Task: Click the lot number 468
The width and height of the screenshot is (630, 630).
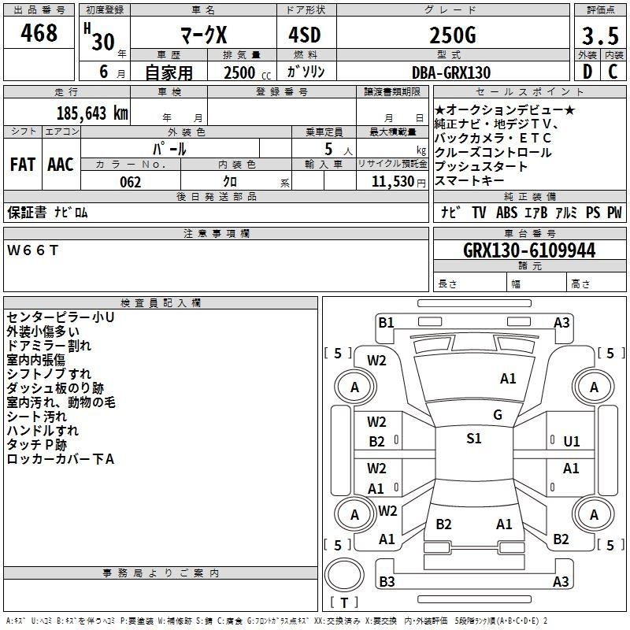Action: point(39,32)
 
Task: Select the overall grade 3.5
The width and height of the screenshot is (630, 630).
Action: point(600,35)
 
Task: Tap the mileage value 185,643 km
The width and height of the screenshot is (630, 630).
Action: point(92,113)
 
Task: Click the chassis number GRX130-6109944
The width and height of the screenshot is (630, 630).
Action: point(529,250)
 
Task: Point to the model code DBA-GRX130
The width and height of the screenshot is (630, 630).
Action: point(451,72)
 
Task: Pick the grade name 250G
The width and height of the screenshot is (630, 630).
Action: point(453,35)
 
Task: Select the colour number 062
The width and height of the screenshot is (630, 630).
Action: point(131,182)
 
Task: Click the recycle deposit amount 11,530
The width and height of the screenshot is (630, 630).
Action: point(392,181)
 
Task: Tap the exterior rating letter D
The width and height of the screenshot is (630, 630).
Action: point(587,72)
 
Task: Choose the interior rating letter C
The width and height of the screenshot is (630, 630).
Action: point(613,72)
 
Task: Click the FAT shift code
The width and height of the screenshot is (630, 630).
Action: point(23,165)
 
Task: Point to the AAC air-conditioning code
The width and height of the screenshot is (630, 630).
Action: point(61,165)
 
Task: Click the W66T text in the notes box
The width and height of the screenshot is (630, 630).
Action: point(32,250)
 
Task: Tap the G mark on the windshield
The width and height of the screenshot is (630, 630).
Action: point(498,415)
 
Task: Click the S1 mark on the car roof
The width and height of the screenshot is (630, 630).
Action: point(474,439)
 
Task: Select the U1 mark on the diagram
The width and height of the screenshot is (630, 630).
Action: point(572,442)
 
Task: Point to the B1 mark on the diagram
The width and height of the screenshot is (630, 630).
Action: point(386,323)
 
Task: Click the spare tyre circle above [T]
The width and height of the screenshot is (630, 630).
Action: point(344,575)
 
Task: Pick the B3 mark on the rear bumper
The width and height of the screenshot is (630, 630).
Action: point(387,581)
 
